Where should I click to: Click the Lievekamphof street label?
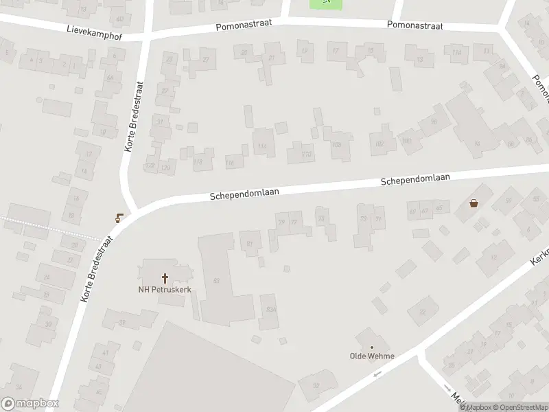[94, 32]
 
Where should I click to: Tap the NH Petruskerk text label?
[164, 290]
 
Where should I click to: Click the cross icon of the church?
[165, 278]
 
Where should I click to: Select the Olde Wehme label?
[372, 356]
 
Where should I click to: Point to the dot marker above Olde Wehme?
[372, 347]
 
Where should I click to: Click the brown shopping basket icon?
[474, 203]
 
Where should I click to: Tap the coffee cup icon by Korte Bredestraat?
[120, 218]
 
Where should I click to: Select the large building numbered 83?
[217, 280]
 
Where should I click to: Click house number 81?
[250, 243]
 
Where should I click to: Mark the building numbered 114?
[262, 146]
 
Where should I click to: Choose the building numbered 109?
[336, 145]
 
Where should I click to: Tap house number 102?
[379, 143]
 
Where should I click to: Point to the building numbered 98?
[433, 122]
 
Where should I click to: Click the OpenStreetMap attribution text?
[519, 407]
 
